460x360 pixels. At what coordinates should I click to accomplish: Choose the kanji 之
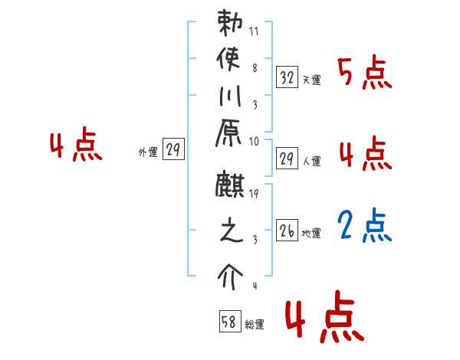click(228, 233)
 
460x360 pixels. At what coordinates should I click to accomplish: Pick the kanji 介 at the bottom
click(228, 273)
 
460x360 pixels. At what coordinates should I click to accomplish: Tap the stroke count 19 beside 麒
click(254, 195)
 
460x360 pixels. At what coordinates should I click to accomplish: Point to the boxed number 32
click(287, 77)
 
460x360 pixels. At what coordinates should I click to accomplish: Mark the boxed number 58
click(229, 322)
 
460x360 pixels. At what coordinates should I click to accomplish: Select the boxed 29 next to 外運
click(173, 151)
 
